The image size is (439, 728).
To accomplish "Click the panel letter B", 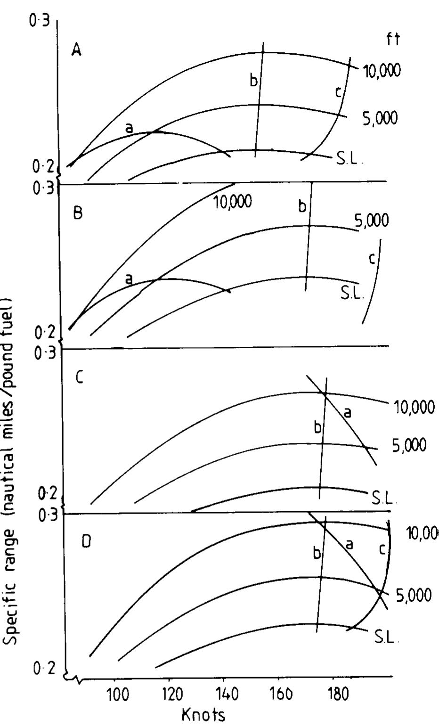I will tap(78, 213).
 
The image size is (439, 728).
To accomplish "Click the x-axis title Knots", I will tap(203, 715).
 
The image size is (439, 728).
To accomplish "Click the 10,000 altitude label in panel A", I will tap(382, 71).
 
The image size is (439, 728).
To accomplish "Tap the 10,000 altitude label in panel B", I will tap(233, 202).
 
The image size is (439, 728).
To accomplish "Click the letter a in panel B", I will tap(129, 279).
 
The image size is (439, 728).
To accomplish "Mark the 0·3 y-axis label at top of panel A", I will tap(40, 22).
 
